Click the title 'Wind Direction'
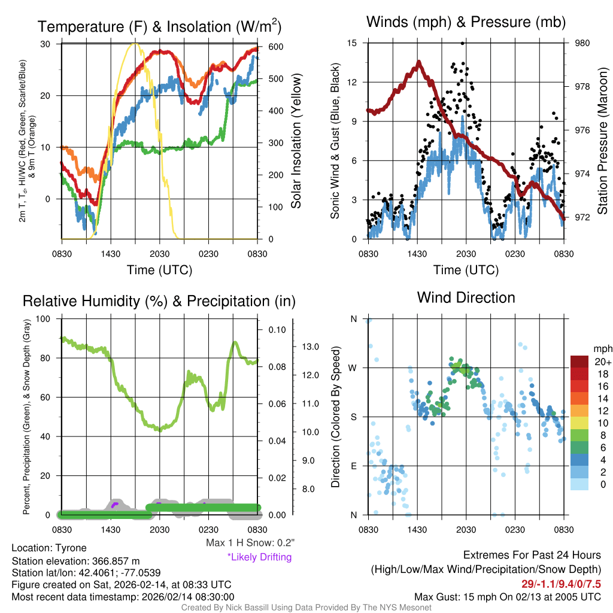[466, 298]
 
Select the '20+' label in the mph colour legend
[602, 362]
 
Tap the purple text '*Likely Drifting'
[259, 557]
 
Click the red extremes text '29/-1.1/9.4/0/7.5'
[560, 584]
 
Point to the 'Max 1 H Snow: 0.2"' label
[250, 543]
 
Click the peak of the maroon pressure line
[418, 61]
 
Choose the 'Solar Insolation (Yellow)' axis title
[296, 141]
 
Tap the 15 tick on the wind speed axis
[353, 43]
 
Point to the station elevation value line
[75, 561]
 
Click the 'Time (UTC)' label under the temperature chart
[159, 270]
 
